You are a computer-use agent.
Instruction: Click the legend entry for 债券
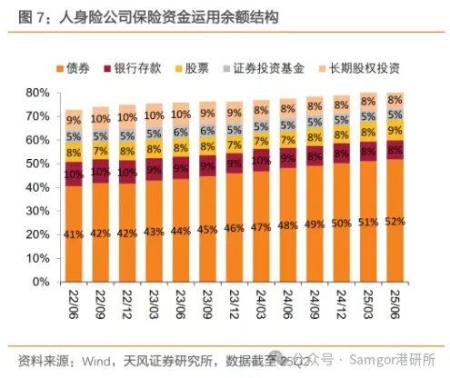click(75, 68)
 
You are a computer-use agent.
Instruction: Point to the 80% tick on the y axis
click(35, 93)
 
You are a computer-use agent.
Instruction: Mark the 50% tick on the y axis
click(35, 164)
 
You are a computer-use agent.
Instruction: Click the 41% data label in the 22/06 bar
click(74, 234)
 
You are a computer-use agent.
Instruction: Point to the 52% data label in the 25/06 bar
click(395, 221)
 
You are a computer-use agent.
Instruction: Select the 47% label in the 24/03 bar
click(261, 227)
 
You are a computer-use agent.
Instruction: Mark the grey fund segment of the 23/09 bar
click(207, 129)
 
